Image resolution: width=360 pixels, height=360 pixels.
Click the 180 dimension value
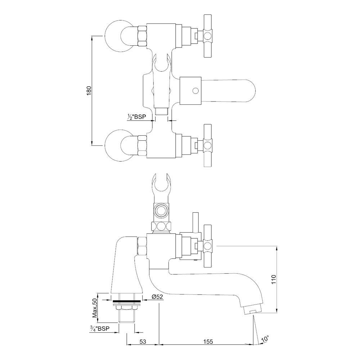coord(89,90)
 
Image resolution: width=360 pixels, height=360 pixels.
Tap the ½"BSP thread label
coord(137,117)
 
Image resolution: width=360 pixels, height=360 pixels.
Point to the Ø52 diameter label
coord(157,297)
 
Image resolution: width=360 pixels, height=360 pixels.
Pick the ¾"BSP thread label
coord(100,329)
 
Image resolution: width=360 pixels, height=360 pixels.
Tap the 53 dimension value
coord(143,342)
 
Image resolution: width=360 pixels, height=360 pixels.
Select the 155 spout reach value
coord(208,342)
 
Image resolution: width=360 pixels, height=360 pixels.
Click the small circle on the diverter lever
coord(195,91)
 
